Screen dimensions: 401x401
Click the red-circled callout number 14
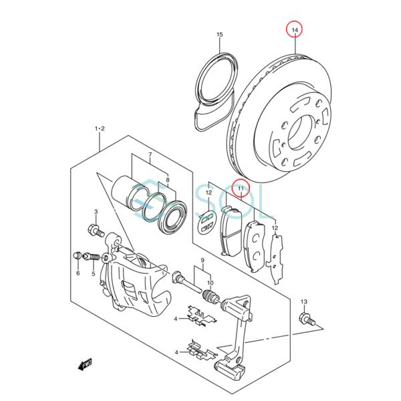295,30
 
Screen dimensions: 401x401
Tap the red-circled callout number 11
241,188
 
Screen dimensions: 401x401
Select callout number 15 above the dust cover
220,35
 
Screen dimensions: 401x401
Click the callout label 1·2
100,128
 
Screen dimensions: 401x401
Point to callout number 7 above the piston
150,154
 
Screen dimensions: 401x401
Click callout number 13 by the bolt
303,302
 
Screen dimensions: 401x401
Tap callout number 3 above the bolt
96,212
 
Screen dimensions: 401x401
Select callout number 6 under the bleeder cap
78,273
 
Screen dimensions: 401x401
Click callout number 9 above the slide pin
203,261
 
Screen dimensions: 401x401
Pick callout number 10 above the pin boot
211,283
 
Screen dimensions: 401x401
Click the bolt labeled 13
307,319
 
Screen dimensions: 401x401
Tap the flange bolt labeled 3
96,230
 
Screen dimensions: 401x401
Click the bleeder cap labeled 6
78,255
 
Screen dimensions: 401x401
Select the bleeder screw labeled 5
92,257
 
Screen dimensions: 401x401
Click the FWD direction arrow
85,364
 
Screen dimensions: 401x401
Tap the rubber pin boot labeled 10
211,296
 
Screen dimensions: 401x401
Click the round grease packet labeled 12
206,222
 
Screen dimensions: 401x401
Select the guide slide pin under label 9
187,283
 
